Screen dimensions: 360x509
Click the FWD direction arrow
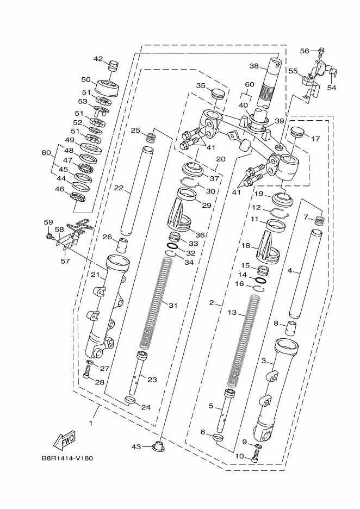pyautogui.click(x=64, y=440)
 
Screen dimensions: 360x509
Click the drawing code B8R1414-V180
pyautogui.click(x=67, y=458)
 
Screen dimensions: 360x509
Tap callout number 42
pyautogui.click(x=98, y=59)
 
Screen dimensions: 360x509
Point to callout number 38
pyautogui.click(x=254, y=66)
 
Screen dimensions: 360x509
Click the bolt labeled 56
pyautogui.click(x=322, y=51)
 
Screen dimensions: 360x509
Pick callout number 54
pyautogui.click(x=331, y=88)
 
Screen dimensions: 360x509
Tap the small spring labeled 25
pyautogui.click(x=150, y=138)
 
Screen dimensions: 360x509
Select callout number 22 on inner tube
pyautogui.click(x=119, y=188)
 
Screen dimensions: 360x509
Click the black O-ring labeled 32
pyautogui.click(x=172, y=247)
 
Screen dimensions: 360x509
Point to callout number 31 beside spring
pyautogui.click(x=173, y=305)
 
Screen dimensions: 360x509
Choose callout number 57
pyautogui.click(x=65, y=260)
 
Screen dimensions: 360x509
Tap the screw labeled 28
pyautogui.click(x=86, y=372)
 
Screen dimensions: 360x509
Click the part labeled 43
pyautogui.click(x=159, y=446)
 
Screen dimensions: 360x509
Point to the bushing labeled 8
pyautogui.click(x=291, y=328)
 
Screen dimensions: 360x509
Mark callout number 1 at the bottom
pyautogui.click(x=91, y=423)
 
